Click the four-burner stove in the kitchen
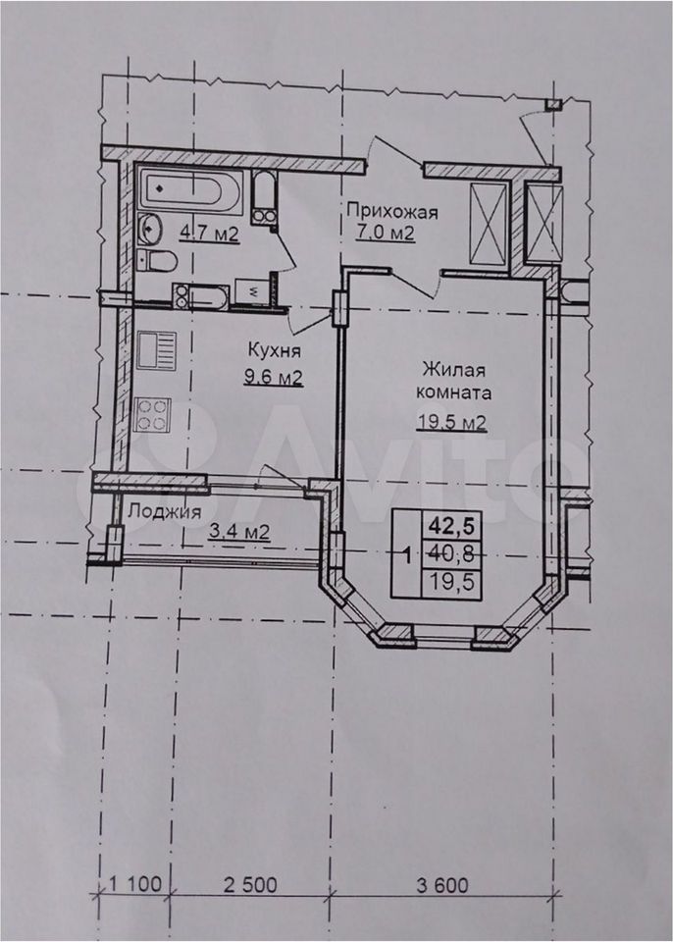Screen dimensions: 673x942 [152, 414]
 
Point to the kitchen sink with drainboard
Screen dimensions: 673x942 [156, 350]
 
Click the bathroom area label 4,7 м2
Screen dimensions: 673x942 [209, 234]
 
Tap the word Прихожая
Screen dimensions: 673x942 [392, 212]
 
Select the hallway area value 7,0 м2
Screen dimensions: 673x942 [386, 233]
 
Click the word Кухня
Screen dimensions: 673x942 [275, 350]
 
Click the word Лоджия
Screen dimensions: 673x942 [165, 512]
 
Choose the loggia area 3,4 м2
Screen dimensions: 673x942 [239, 532]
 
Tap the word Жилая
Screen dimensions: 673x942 [453, 368]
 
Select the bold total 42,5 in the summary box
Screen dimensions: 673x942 [451, 527]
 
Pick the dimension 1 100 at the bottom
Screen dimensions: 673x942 [135, 885]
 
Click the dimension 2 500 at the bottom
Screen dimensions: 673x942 [250, 885]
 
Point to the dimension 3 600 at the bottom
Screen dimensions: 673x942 [441, 885]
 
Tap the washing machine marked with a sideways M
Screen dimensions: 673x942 [252, 293]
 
